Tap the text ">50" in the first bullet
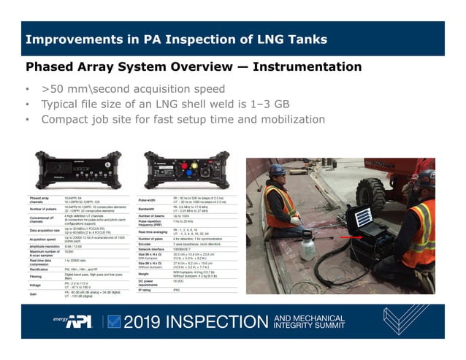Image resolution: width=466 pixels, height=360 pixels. [53, 89]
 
